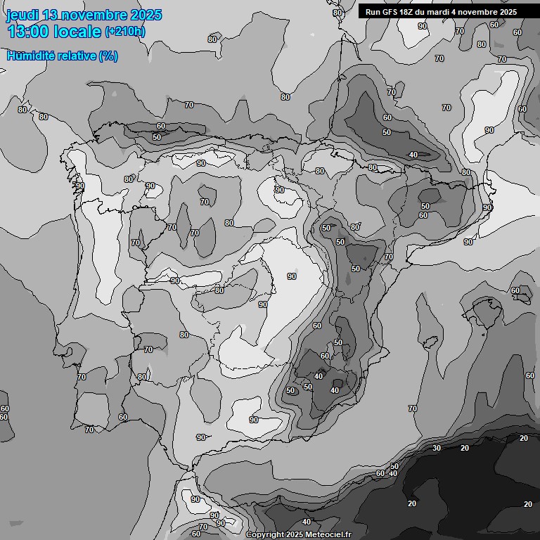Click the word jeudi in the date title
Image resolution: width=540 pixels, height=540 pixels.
pyautogui.click(x=22, y=15)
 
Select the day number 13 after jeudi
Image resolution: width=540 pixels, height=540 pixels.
pyautogui.click(x=51, y=15)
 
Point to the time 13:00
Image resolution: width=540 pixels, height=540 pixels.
pyautogui.click(x=28, y=32)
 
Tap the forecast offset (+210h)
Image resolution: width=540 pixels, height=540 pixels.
pyautogui.click(x=125, y=32)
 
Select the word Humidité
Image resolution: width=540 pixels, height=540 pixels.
pyautogui.click(x=29, y=56)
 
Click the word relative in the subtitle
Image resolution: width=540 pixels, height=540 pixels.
pyautogui.click(x=75, y=56)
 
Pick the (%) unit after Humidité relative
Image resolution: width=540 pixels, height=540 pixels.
pyautogui.click(x=108, y=56)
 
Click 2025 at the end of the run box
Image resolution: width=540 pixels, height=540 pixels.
pyautogui.click(x=508, y=12)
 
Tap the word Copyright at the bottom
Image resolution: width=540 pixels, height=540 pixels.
pyautogui.click(x=266, y=535)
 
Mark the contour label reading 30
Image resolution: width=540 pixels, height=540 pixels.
pyautogui.click(x=437, y=448)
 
